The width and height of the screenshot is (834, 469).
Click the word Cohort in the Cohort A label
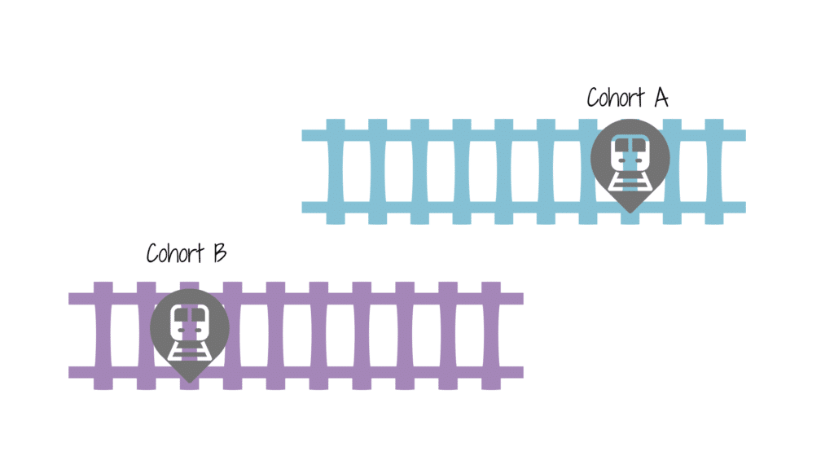click(616, 98)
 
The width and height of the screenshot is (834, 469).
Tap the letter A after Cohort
click(660, 98)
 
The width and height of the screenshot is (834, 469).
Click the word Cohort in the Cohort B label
click(174, 253)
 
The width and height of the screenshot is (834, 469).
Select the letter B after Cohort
click(218, 253)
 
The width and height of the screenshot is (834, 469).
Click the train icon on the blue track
click(630, 160)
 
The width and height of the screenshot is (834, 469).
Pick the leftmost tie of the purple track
click(103, 335)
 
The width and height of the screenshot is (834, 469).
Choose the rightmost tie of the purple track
click(491, 335)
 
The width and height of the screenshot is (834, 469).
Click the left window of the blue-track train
click(621, 146)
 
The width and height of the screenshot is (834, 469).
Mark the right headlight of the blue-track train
click(639, 161)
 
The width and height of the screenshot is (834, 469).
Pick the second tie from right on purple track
click(448, 335)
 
